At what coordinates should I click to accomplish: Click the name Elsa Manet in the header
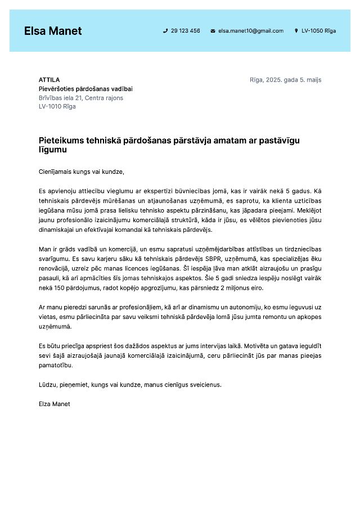pos(53,31)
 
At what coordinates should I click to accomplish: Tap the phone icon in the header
pos(165,31)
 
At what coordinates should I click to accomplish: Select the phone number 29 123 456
pos(185,31)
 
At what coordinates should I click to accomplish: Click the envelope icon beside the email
pos(213,31)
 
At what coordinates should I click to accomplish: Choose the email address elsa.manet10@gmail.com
pos(250,31)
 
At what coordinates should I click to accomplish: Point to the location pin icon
pos(296,31)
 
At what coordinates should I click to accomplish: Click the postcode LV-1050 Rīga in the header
pos(318,31)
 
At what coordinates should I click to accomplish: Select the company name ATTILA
pos(49,80)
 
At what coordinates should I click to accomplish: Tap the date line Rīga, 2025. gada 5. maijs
pos(285,80)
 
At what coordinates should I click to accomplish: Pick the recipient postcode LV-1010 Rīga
pos(57,106)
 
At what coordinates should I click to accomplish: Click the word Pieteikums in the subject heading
pos(62,141)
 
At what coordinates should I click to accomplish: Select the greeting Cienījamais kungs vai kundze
pos(81,172)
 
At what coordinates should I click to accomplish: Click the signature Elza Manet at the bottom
pos(54,404)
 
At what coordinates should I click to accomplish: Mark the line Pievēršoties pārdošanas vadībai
pos(85,89)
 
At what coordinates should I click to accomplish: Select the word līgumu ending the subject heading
pos(53,150)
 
